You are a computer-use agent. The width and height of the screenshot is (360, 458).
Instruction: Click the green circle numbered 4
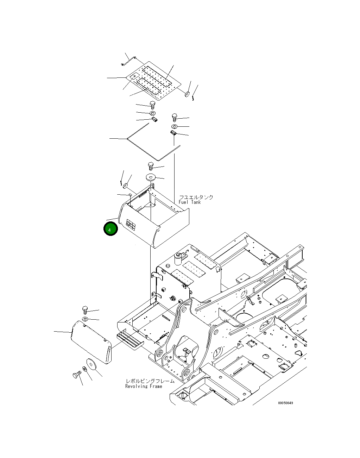coord(110,229)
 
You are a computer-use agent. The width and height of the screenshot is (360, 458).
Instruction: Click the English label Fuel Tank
coord(190,202)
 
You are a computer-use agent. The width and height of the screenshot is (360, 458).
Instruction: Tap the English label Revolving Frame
coord(144,386)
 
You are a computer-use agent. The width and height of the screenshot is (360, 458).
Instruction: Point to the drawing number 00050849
coord(285,403)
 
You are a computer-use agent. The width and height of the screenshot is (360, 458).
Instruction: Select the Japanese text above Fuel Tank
coord(196,197)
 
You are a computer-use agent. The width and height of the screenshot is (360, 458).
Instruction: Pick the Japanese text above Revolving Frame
coord(150,381)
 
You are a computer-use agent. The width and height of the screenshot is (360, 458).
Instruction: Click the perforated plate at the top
coord(153,81)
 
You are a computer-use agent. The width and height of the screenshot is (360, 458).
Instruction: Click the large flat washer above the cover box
coord(151,177)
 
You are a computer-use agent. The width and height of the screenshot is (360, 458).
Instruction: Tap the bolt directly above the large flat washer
coord(151,166)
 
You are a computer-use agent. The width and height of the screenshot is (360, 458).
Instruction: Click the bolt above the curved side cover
coord(85,310)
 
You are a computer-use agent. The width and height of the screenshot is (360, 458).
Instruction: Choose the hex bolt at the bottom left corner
coord(77,375)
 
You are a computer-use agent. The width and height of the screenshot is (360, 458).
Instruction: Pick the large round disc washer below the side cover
coord(91,365)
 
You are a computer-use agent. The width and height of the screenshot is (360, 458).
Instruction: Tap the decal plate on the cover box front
coord(131,225)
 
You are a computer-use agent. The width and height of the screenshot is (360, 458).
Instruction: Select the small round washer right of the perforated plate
coord(187,94)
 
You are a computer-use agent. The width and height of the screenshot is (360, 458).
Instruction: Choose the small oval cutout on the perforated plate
coord(134,76)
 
